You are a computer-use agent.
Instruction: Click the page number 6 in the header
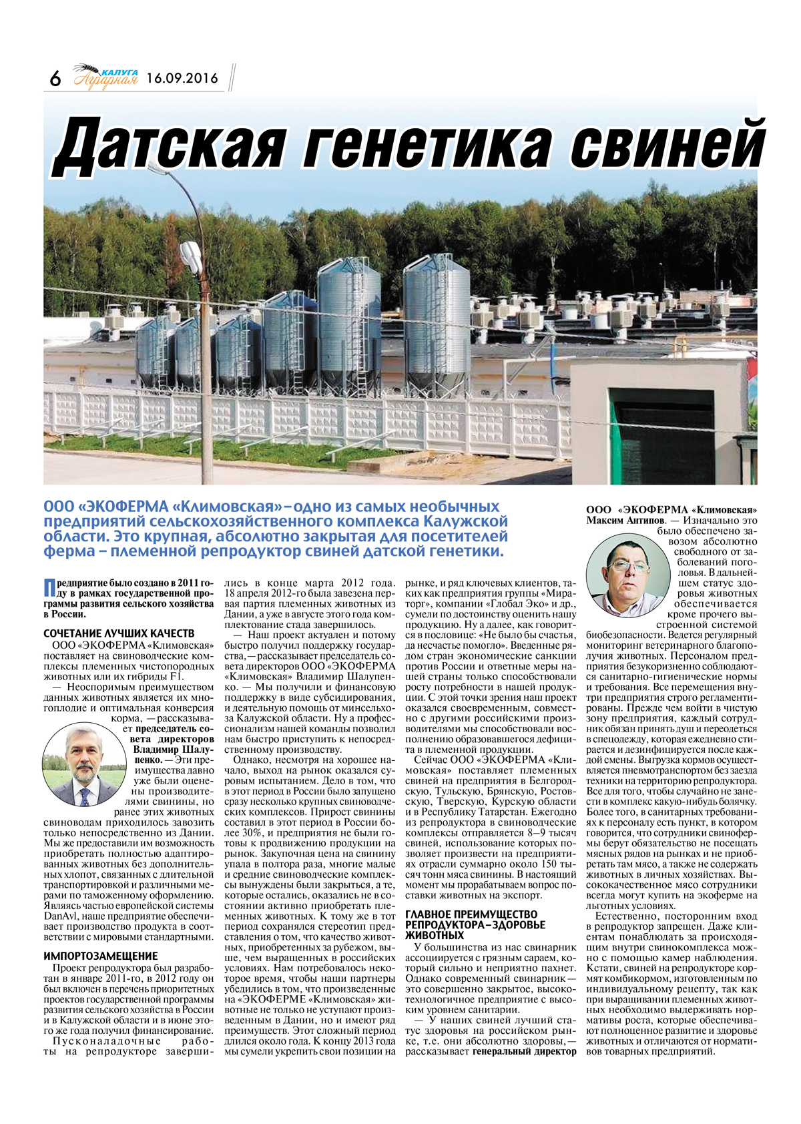pos(55,79)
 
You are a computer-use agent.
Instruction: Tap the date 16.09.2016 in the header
pos(182,78)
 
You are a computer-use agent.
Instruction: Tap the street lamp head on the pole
pos(192,254)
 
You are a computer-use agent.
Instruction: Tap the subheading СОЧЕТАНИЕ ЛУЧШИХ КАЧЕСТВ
pos(119,633)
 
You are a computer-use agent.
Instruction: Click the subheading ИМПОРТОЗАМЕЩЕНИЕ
pos(101,956)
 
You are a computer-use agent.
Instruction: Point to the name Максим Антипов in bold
pos(625,520)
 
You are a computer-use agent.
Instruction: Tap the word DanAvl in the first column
pos(61,916)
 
